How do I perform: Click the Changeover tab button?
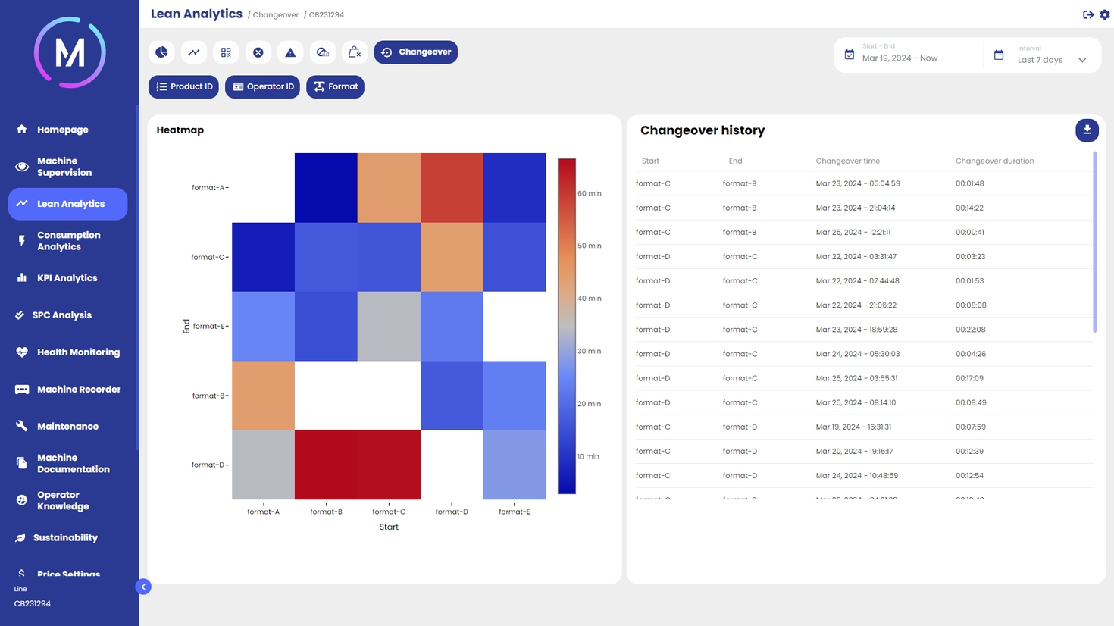[x=416, y=52]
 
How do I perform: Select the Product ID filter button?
[x=183, y=87]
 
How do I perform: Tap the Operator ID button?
[x=262, y=87]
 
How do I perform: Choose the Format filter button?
[x=335, y=87]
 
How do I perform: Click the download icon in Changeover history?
[x=1087, y=130]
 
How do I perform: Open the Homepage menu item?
[x=62, y=130]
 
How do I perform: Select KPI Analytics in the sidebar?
[x=67, y=278]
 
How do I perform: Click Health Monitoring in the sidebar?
[x=78, y=352]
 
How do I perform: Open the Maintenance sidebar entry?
[x=67, y=427]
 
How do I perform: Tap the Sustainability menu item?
[x=65, y=538]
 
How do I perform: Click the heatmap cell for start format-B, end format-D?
[x=326, y=465]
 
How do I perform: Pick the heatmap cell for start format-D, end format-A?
[x=452, y=188]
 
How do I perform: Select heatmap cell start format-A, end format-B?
[x=263, y=396]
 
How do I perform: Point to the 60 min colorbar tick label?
[x=590, y=194]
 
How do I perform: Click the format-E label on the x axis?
[x=515, y=512]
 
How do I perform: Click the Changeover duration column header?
[x=994, y=161]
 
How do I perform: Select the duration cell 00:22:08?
[x=970, y=330]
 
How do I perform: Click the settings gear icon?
[x=1105, y=15]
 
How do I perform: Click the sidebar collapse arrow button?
[x=143, y=587]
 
